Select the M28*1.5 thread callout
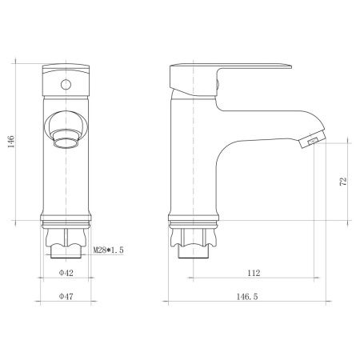click(109, 251)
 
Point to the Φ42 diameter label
click(66, 274)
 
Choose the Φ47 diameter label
click(66, 297)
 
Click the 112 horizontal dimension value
click(254, 274)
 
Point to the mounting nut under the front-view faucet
click(66, 238)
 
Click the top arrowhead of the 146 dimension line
click(19, 62)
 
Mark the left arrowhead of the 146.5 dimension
click(166, 303)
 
